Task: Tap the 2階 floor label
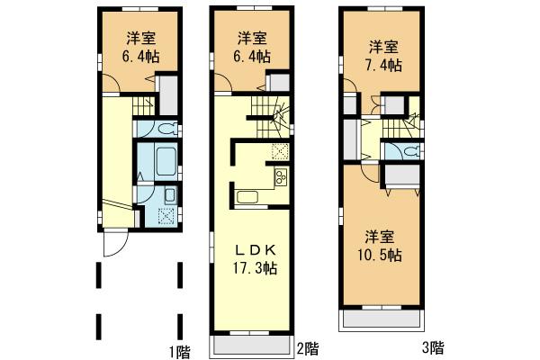click(x=308, y=347)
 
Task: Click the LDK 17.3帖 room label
click(x=256, y=258)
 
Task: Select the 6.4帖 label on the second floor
click(x=253, y=47)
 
